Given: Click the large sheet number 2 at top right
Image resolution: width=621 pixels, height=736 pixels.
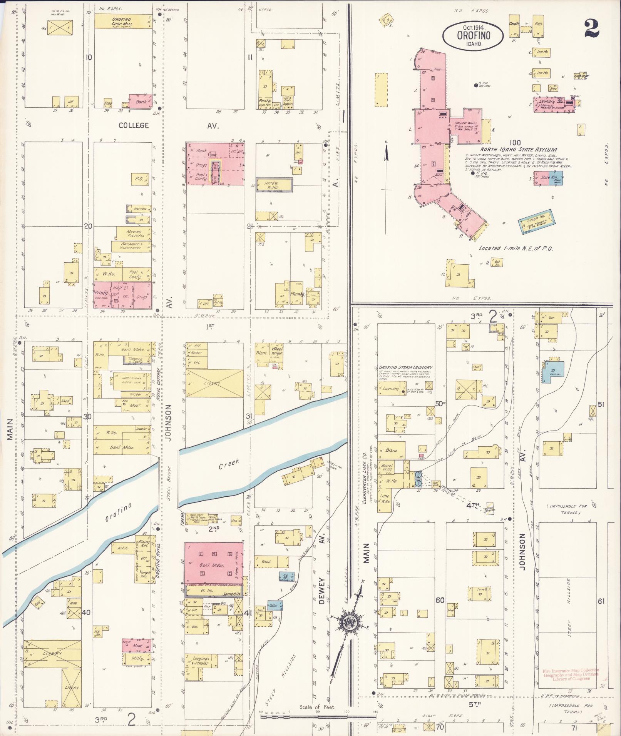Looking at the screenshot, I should click(x=592, y=29).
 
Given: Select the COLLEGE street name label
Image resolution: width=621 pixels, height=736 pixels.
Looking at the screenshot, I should click(x=134, y=125).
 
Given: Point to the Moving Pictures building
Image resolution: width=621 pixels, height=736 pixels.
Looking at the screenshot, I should click(x=133, y=234).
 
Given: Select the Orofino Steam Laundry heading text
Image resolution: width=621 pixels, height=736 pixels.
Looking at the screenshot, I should click(x=405, y=367).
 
